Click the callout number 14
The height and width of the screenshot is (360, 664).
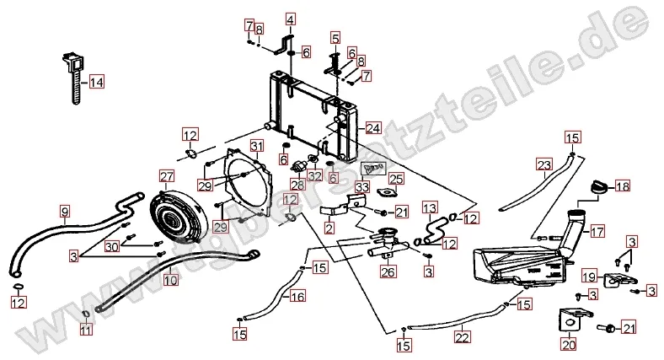pyautogui.click(x=96, y=83)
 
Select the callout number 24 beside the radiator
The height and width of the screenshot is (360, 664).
pyautogui.click(x=372, y=128)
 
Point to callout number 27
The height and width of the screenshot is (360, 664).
pyautogui.click(x=167, y=176)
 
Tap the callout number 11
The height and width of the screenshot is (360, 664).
pyautogui.click(x=85, y=330)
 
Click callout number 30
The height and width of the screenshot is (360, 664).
pyautogui.click(x=112, y=246)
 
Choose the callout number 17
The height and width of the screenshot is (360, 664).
pyautogui.click(x=597, y=230)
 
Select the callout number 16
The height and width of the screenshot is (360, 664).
pyautogui.click(x=297, y=297)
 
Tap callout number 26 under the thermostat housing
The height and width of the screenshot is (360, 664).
pyautogui.click(x=388, y=271)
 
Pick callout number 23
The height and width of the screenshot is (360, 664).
pyautogui.click(x=544, y=164)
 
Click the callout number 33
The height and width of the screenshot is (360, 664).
pyautogui.click(x=361, y=186)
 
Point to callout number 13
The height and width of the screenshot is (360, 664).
pyautogui.click(x=429, y=207)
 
